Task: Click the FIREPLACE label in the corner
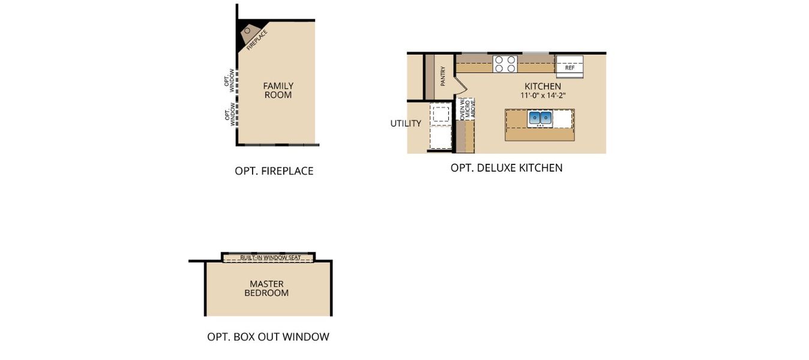(257, 39)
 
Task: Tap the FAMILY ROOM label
(278, 91)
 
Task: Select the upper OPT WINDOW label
(230, 83)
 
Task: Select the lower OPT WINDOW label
(230, 115)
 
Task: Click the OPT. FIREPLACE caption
(274, 171)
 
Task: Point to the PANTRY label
(442, 76)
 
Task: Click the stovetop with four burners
(505, 64)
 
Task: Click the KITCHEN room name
(543, 86)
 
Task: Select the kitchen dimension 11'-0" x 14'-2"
(543, 95)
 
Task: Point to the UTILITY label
(406, 124)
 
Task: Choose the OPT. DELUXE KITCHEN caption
(507, 168)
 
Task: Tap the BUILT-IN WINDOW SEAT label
(268, 257)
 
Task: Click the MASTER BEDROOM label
(266, 289)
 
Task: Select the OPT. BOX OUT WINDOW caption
(268, 337)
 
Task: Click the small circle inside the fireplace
(247, 31)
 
